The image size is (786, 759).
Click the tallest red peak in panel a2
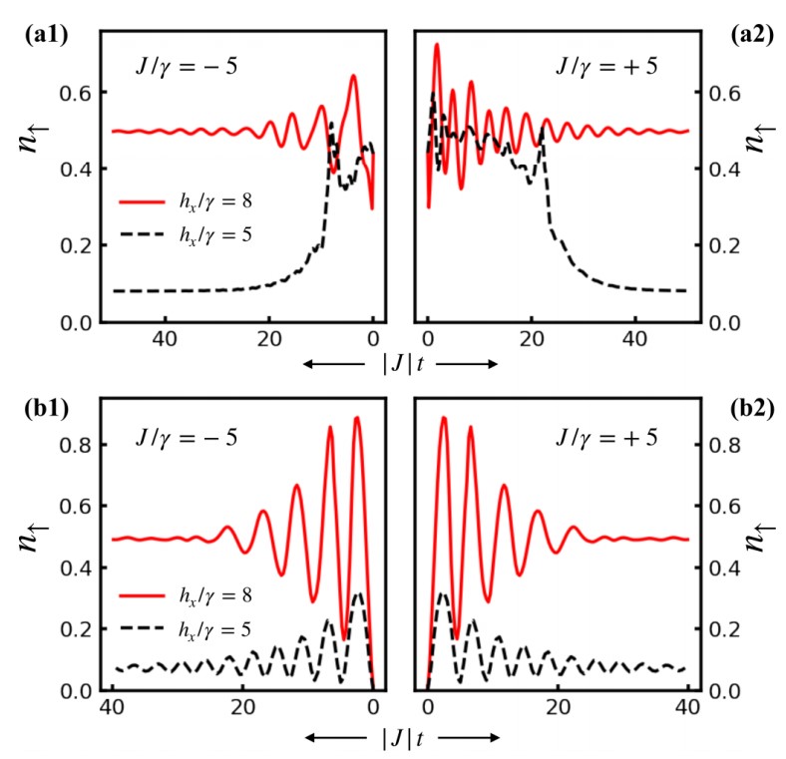tap(437, 46)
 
